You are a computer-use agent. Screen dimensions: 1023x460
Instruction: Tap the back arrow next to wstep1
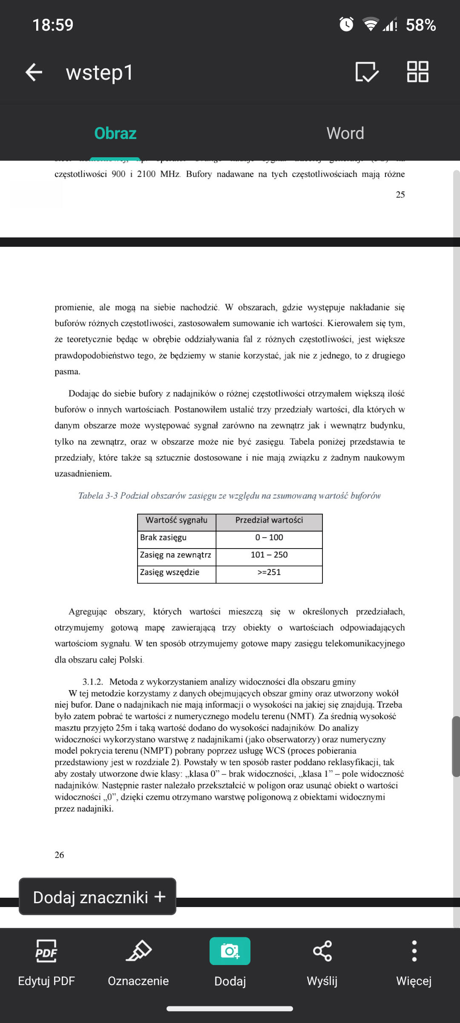[34, 72]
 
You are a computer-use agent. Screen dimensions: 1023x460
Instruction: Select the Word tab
[345, 133]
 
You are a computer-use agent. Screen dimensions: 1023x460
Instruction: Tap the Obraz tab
[115, 133]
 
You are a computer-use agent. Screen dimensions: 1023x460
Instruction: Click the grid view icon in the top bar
[417, 72]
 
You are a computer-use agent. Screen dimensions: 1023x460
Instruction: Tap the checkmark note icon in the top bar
[367, 72]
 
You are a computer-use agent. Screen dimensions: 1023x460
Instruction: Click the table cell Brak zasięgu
[164, 538]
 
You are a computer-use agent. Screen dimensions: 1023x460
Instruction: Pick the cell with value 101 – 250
[269, 555]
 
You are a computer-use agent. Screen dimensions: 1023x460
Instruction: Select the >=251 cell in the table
[269, 572]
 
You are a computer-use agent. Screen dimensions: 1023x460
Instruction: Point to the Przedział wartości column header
[269, 520]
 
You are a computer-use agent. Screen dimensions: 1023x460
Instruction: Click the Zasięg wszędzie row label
[170, 572]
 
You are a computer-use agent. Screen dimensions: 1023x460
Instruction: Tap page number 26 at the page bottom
[59, 855]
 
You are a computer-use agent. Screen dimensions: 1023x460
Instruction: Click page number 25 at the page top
[400, 194]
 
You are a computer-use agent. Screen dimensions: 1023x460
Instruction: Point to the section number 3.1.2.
[92, 682]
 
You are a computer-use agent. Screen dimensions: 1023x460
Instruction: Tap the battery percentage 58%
[421, 25]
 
